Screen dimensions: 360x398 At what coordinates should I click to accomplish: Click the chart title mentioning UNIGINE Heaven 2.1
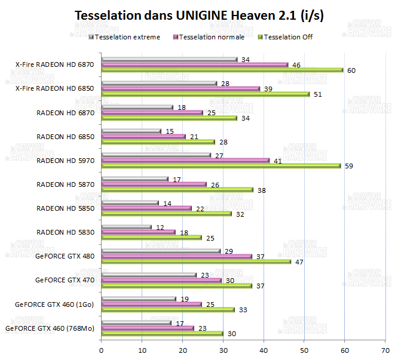tap(199, 16)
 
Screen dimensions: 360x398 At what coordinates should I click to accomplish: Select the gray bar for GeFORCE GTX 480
tap(161, 251)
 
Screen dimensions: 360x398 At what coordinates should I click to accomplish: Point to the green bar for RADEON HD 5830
tap(152, 238)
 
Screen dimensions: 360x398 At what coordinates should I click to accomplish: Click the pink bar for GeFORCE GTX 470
tap(161, 280)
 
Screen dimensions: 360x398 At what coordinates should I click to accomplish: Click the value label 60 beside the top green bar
tap(351, 70)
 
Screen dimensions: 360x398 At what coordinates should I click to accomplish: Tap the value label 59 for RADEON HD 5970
tap(349, 166)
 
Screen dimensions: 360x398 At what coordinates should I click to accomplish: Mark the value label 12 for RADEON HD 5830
tap(160, 227)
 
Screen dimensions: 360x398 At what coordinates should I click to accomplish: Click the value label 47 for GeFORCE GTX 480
tap(300, 261)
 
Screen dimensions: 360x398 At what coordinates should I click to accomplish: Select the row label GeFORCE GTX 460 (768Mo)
tap(50, 328)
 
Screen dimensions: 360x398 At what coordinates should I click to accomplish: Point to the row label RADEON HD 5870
tap(65, 184)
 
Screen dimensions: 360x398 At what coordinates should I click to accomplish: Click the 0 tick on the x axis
tap(102, 350)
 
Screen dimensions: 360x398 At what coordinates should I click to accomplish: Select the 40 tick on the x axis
tap(264, 350)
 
